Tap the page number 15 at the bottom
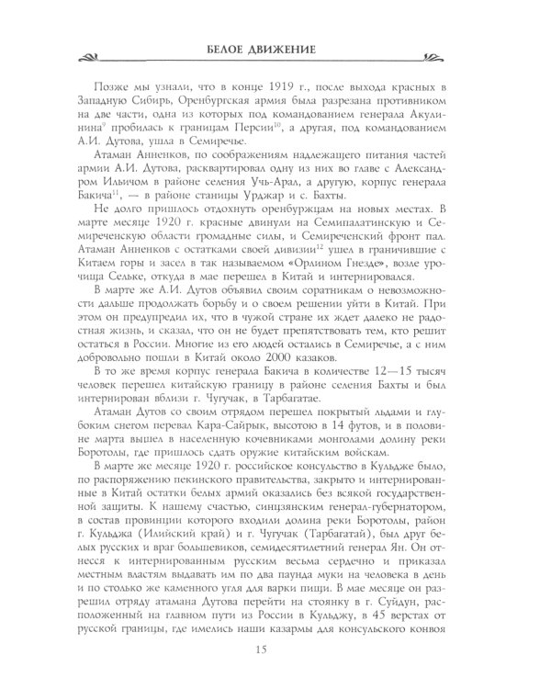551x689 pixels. point(275,650)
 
